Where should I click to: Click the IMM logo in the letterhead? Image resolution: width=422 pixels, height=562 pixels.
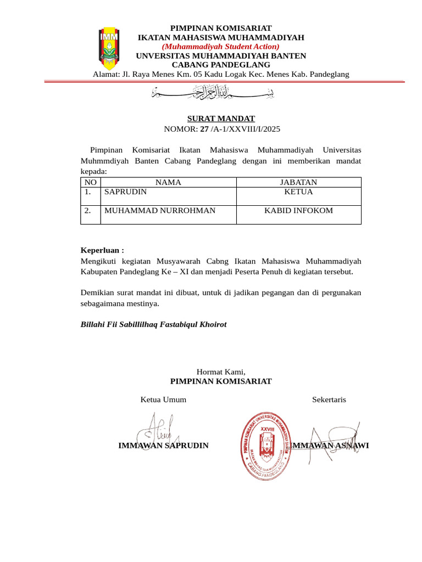click(108, 45)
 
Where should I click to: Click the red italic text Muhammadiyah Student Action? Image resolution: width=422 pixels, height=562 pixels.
click(220, 47)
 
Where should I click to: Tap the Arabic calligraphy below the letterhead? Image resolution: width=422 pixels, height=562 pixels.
click(213, 92)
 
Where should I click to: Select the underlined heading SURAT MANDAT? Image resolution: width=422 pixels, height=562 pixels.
click(221, 119)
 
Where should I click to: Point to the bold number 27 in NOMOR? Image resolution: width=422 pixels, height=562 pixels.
click(204, 129)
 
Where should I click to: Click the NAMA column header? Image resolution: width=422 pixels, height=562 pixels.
click(168, 182)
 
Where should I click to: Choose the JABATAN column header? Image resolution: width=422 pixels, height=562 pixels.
click(298, 182)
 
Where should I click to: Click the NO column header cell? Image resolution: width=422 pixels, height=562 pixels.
click(91, 182)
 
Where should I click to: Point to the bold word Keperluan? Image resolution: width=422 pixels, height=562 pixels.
click(102, 250)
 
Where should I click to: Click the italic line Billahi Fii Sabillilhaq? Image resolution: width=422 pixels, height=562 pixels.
click(153, 324)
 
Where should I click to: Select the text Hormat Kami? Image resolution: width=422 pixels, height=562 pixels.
click(221, 372)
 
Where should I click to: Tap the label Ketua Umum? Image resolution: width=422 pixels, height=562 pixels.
click(163, 400)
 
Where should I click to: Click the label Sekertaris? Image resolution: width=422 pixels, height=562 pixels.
click(329, 400)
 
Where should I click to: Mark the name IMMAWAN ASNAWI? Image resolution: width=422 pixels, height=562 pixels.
click(330, 445)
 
